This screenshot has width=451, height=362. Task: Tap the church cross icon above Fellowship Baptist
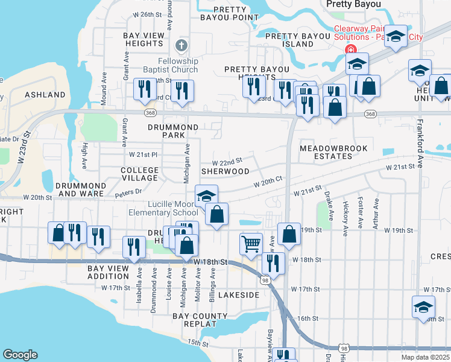(x=181, y=46)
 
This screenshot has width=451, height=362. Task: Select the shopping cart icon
(x=251, y=244)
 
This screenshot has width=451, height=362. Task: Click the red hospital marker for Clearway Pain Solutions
(x=348, y=50)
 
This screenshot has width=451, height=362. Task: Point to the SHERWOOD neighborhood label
(x=225, y=171)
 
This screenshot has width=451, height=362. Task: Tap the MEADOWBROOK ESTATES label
(x=326, y=152)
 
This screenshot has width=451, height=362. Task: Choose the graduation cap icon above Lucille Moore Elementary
(x=206, y=196)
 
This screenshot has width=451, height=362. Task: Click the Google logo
(x=20, y=355)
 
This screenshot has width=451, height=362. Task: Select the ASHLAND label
(x=45, y=95)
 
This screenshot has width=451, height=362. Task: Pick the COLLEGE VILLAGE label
(x=139, y=174)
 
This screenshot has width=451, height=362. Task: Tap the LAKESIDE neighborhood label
(x=238, y=295)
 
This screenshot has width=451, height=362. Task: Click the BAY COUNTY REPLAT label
(x=200, y=320)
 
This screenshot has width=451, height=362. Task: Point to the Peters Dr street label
(x=129, y=191)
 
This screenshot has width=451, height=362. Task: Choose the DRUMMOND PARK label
(x=173, y=132)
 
